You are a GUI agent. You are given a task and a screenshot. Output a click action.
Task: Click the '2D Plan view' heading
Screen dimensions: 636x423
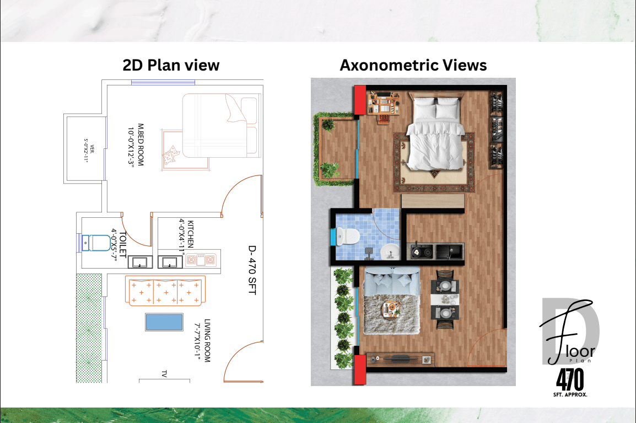pos(171,66)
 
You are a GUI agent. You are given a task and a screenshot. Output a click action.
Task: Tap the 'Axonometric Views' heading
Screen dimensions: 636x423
pos(413,66)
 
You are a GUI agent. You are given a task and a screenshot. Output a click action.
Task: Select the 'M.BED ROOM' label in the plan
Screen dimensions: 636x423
pos(141,144)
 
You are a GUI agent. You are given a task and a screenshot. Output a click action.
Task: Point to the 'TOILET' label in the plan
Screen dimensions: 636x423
pos(123,245)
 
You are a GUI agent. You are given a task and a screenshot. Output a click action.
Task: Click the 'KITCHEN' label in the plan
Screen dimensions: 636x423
pos(190,234)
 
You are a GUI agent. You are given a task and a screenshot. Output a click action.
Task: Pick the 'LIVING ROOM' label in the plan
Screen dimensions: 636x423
pos(207,340)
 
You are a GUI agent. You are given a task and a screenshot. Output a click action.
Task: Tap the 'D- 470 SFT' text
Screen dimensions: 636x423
pos(252,270)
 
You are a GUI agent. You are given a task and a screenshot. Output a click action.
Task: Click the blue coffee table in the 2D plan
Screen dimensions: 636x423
pos(164,322)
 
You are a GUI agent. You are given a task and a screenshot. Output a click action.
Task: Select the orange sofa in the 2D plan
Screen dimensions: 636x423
pos(165,291)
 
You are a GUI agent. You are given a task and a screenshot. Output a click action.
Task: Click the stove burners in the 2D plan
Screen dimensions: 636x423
pos(201,259)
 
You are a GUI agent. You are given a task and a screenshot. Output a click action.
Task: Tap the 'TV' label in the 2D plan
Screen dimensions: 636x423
pos(164,373)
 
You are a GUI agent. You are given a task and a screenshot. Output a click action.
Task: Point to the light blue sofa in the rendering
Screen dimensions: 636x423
pos(391,282)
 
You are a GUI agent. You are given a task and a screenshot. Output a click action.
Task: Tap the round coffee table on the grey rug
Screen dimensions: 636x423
pos(391,310)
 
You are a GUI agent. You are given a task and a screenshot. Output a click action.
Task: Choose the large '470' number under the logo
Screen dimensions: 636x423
pos(570,379)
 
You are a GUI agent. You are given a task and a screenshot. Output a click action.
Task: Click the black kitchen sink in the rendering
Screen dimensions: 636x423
pos(449,251)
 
